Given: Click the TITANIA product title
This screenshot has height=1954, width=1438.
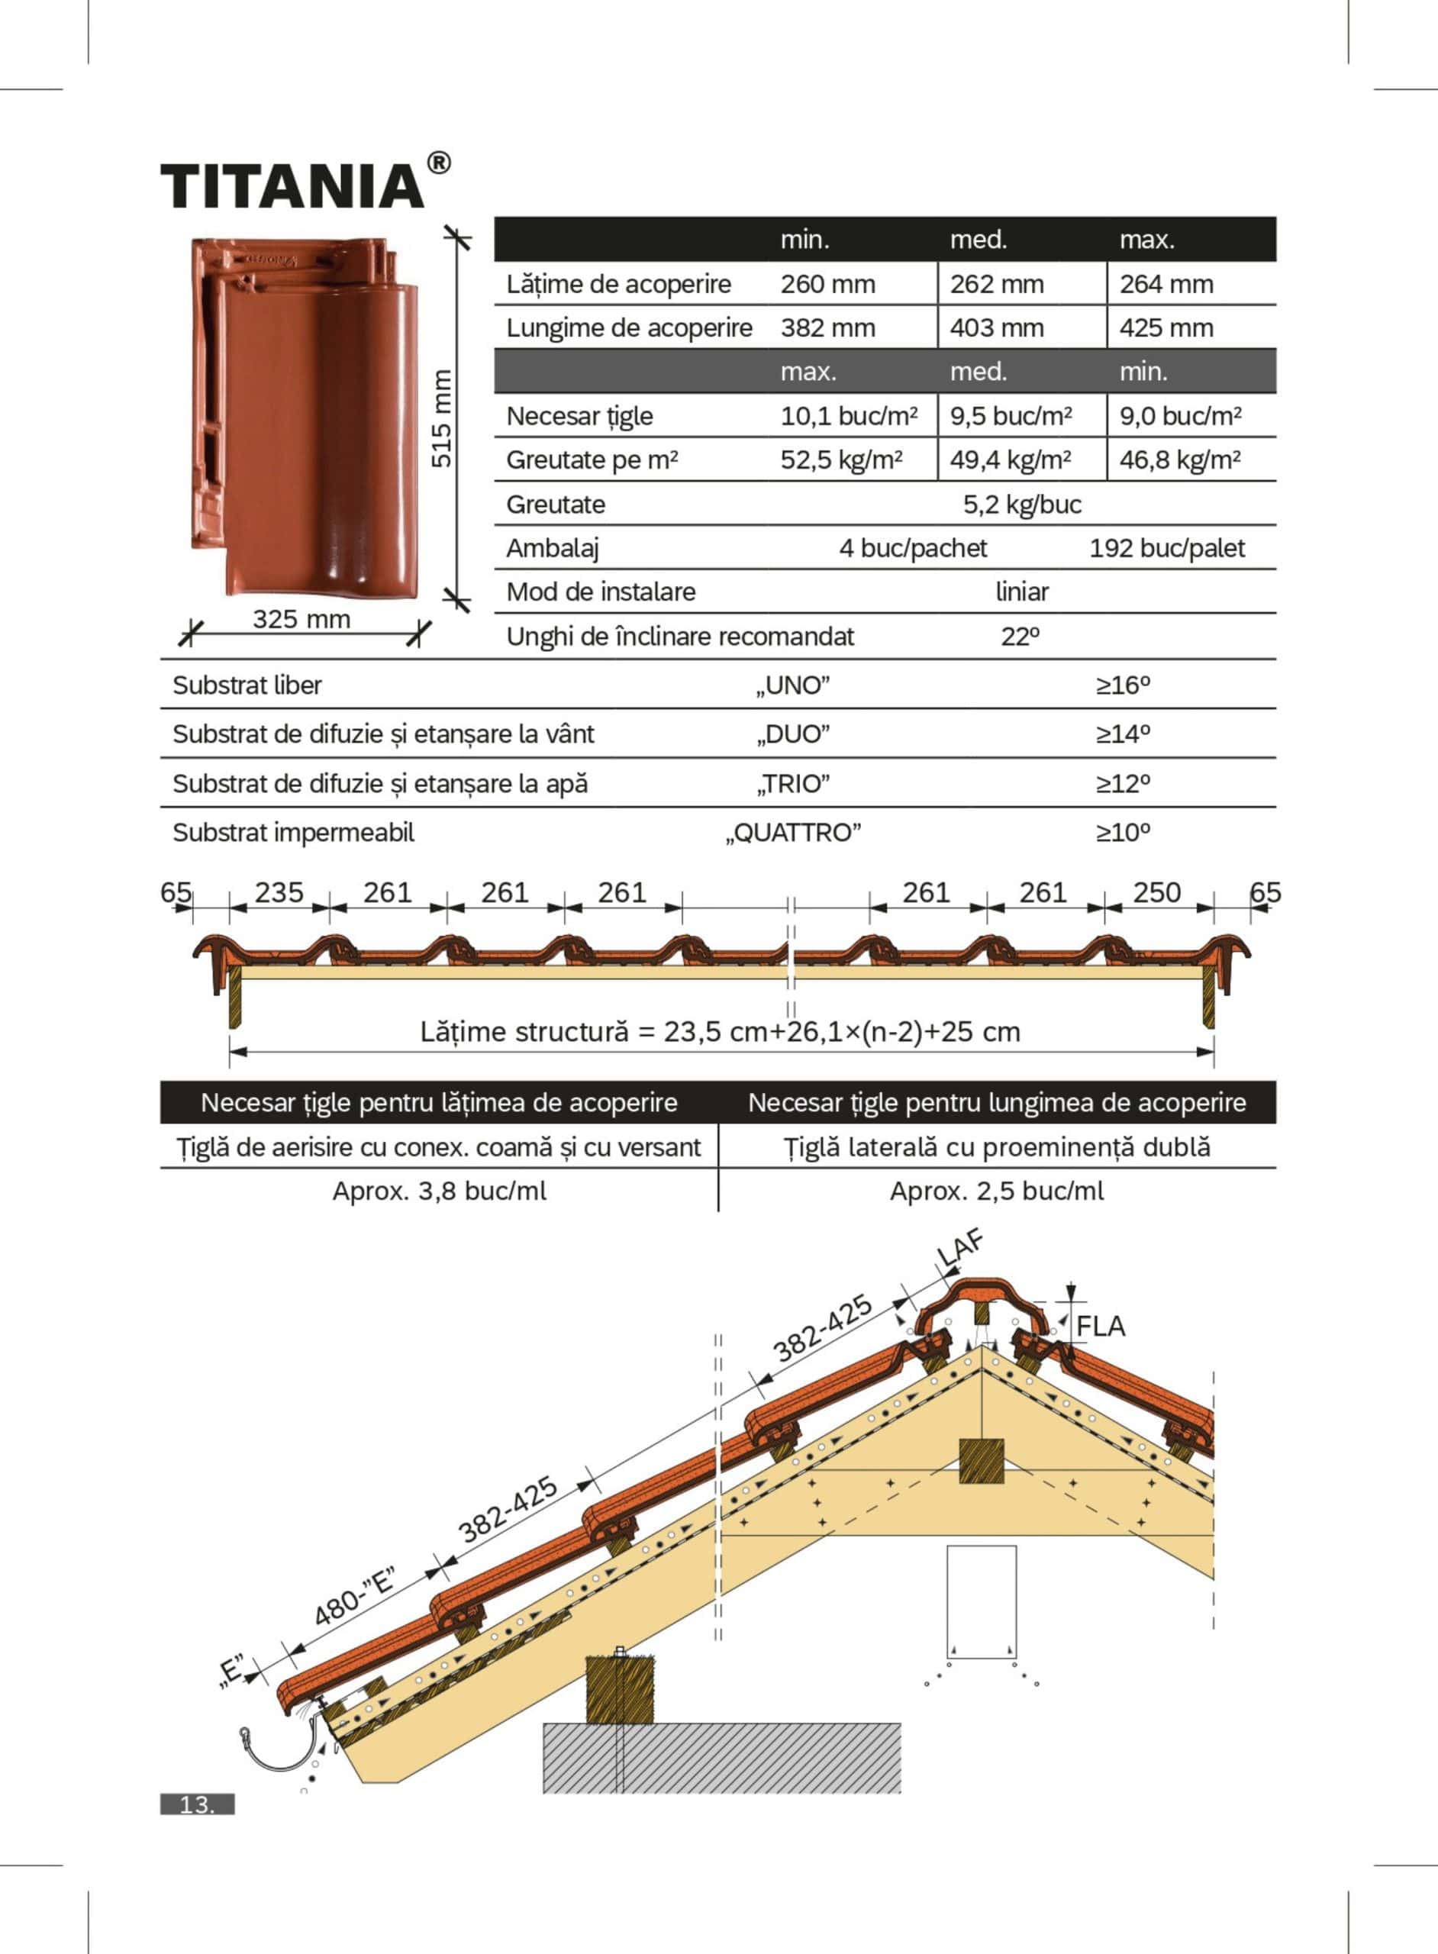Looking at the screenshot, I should (x=292, y=185).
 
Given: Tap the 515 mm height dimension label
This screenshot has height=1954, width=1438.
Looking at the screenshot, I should (x=442, y=418).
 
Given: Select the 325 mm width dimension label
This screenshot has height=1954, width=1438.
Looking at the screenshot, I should (x=301, y=619).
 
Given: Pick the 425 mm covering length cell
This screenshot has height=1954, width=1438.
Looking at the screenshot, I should (x=1166, y=328).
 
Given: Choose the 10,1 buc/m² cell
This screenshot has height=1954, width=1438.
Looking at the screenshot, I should (x=848, y=416).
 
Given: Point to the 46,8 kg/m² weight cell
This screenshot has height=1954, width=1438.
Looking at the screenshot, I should (x=1179, y=459).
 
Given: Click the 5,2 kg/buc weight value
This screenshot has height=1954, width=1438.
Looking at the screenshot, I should (x=1021, y=504).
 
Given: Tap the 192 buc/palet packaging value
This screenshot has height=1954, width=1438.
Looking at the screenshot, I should (x=1166, y=548).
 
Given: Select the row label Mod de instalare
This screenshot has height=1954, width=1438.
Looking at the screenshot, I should (x=601, y=592).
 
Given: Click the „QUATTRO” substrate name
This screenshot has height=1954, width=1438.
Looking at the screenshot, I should (x=793, y=833).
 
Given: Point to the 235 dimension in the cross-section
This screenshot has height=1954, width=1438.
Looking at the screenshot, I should (x=279, y=892).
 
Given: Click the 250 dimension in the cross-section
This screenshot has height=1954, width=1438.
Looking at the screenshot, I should (x=1156, y=892).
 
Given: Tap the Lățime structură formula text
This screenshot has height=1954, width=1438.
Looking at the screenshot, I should (x=720, y=1031).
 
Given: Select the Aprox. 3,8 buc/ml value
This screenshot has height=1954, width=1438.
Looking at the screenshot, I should (x=439, y=1191).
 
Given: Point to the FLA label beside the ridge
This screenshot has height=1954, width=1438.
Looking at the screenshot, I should (x=1101, y=1327).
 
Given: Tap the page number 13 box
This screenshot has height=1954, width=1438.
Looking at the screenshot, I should (x=197, y=1804).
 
